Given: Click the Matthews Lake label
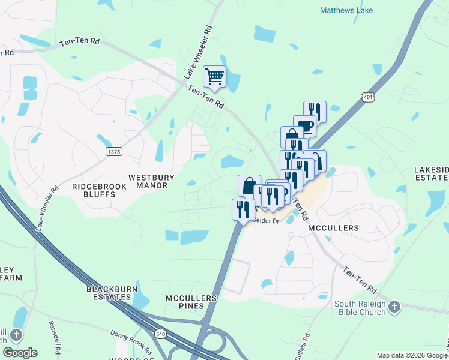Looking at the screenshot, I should [x=346, y=10].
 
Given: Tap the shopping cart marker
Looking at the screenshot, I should [x=214, y=77].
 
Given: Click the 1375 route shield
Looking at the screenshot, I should [x=114, y=152].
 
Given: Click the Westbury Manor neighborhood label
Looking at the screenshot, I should [x=148, y=181].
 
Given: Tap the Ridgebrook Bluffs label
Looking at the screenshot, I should [x=100, y=187].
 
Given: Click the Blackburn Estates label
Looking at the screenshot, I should [x=109, y=292].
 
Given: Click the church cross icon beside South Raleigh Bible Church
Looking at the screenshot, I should [x=394, y=307].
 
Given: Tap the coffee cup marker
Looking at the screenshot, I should [x=304, y=126].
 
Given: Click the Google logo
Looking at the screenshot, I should [x=20, y=352].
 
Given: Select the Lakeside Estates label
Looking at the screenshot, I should [x=431, y=173].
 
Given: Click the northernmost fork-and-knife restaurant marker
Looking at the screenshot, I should [x=315, y=111].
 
